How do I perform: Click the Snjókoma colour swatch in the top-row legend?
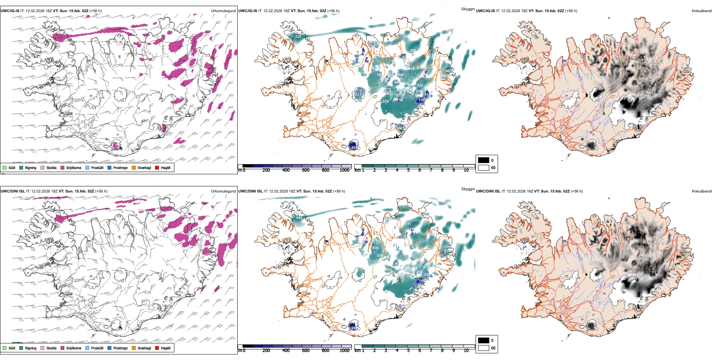click(x=63, y=167)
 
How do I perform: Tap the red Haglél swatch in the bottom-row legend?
click(x=157, y=348)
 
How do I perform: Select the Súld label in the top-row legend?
click(x=12, y=167)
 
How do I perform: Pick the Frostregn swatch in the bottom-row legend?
click(x=110, y=348)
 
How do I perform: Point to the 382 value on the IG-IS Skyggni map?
click(x=413, y=50)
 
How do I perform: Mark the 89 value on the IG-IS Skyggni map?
click(x=354, y=147)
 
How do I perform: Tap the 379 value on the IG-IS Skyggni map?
click(x=385, y=102)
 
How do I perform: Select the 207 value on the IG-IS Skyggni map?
click(x=358, y=95)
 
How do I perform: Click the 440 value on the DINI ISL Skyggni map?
click(x=299, y=218)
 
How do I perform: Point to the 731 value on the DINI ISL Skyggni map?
click(x=408, y=224)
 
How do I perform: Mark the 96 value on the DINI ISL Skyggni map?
click(x=354, y=328)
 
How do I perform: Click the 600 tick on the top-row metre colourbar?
click(x=305, y=170)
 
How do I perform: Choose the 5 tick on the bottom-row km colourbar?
click(x=409, y=351)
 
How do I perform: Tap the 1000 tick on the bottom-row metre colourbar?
click(x=344, y=351)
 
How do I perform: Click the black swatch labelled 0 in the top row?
click(x=484, y=160)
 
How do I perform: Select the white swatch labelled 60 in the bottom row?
click(x=484, y=348)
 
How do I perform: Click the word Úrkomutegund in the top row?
click(x=223, y=11)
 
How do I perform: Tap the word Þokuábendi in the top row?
click(x=702, y=11)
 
